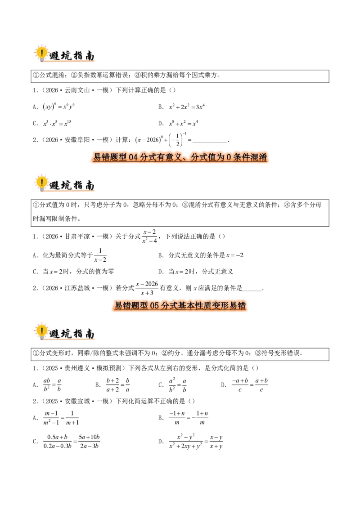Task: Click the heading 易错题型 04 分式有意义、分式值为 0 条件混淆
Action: point(180,157)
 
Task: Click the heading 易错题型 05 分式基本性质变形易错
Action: point(180,305)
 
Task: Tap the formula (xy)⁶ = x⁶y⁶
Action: point(59,107)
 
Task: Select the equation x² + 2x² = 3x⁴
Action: point(187,107)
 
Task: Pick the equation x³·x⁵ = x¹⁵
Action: point(57,123)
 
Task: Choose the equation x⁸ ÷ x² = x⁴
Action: point(183,123)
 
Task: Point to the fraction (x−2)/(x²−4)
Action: point(149,237)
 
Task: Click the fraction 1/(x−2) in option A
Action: point(100,255)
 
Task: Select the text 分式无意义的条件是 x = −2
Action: point(206,255)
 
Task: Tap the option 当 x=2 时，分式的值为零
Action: point(78,272)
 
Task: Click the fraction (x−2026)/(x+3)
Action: point(147,288)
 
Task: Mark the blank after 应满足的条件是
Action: point(252,290)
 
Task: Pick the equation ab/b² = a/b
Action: point(52,384)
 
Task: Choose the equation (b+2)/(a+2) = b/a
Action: point(117,384)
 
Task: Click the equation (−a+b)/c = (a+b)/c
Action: point(250,384)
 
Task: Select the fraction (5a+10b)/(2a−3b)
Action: point(89,442)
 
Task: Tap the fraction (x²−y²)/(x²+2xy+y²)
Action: point(185,442)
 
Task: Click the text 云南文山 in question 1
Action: point(76,90)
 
